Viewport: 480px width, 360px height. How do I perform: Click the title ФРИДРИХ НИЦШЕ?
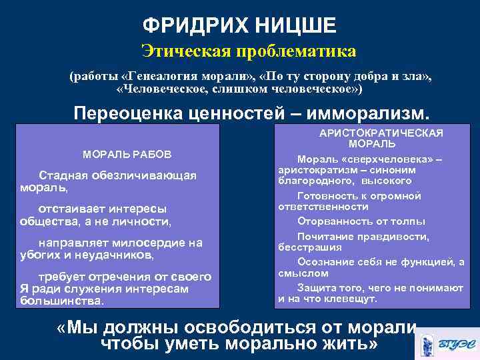click(239, 26)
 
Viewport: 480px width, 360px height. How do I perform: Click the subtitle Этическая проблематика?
click(249, 51)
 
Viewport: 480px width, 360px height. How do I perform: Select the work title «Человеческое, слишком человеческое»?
click(239, 89)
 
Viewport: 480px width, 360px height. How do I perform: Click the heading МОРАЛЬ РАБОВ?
click(127, 154)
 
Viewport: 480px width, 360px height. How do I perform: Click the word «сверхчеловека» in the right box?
click(395, 159)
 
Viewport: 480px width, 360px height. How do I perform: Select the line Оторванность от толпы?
click(361, 221)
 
